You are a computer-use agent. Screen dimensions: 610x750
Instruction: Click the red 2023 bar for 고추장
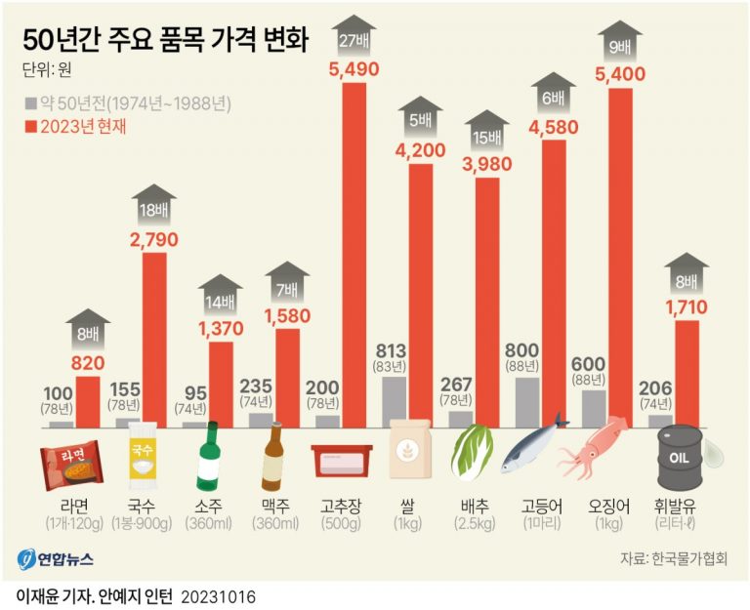pos(354,254)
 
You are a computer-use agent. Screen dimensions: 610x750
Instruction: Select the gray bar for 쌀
pos(394,402)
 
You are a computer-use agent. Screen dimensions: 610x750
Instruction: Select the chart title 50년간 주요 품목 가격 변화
pos(164,39)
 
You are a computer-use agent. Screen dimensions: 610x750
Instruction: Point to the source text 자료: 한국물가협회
pos(673,559)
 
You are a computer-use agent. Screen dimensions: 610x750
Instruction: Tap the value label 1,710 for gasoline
pos(687,308)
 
